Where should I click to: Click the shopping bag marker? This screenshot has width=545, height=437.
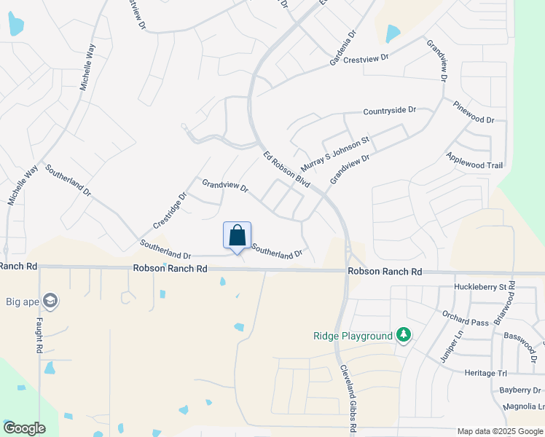coord(237,236)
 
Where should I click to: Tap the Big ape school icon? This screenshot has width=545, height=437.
coord(50,300)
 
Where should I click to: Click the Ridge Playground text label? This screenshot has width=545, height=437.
coord(353,336)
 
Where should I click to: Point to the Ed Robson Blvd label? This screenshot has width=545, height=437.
coord(287,170)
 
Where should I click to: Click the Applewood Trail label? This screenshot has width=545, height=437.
coord(474,161)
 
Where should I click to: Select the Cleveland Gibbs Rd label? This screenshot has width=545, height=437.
coord(348,400)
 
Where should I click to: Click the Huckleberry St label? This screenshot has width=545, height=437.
coord(479,288)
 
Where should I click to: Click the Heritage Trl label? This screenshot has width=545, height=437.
coord(485,373)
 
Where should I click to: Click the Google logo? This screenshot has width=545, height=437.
coord(24,428)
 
